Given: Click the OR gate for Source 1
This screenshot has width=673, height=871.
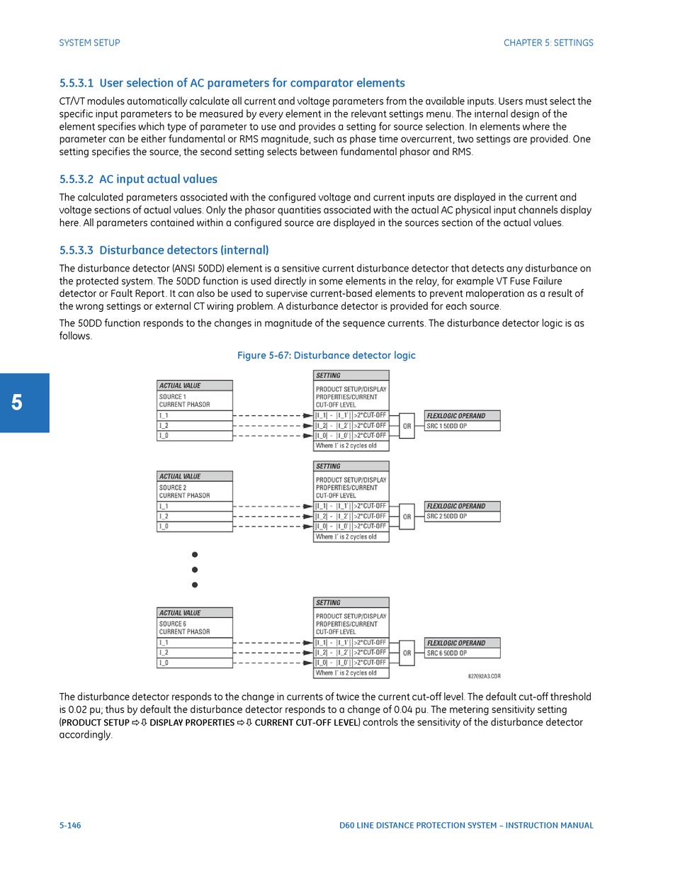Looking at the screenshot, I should click(x=407, y=426).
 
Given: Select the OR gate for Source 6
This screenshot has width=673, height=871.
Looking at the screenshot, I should click(x=407, y=653).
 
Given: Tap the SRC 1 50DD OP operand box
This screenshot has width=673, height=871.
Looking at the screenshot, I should click(x=463, y=426).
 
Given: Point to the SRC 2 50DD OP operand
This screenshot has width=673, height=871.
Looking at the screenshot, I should click(x=463, y=517).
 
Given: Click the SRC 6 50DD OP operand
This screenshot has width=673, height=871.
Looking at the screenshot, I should click(x=463, y=653).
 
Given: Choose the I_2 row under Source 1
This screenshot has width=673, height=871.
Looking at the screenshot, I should click(x=195, y=425).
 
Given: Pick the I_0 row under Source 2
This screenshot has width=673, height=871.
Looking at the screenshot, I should click(x=195, y=527).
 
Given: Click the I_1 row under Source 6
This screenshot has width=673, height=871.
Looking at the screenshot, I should click(x=195, y=642).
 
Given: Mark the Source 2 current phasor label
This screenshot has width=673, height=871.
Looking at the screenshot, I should click(x=184, y=491).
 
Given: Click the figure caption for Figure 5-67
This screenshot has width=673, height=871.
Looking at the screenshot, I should click(x=327, y=355).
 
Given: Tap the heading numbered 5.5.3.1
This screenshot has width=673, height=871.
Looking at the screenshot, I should click(x=232, y=83).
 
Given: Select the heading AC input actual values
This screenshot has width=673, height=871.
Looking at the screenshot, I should click(x=138, y=179).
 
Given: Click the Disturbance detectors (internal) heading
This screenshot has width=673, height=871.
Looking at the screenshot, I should click(x=164, y=250).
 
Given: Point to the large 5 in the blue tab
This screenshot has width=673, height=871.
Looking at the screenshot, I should click(x=17, y=403).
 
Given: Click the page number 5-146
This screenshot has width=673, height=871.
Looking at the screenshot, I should click(x=70, y=825).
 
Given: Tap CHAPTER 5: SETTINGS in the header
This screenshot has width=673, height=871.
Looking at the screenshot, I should click(x=548, y=43).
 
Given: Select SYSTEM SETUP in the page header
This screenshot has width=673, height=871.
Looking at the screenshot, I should click(x=89, y=43).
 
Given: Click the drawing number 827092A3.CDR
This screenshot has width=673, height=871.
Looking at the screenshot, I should click(x=485, y=676).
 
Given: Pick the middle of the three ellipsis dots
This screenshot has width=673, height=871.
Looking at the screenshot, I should click(x=195, y=570).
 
